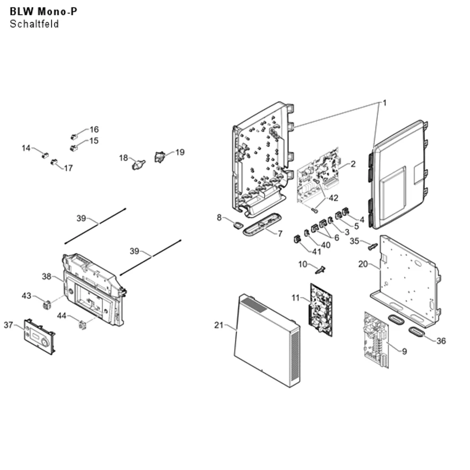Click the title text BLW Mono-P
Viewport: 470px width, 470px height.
click(x=43, y=11)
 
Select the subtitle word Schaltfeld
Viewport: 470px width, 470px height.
click(x=34, y=24)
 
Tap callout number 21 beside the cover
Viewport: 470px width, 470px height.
click(x=219, y=325)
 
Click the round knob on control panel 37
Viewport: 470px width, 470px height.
click(x=45, y=342)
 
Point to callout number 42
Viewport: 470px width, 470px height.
click(x=333, y=198)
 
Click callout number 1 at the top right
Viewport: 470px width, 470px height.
click(x=384, y=103)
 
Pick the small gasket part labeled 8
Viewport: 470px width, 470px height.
click(x=238, y=225)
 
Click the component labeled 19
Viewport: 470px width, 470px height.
click(x=160, y=157)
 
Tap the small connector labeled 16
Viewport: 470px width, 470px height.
click(x=74, y=137)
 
